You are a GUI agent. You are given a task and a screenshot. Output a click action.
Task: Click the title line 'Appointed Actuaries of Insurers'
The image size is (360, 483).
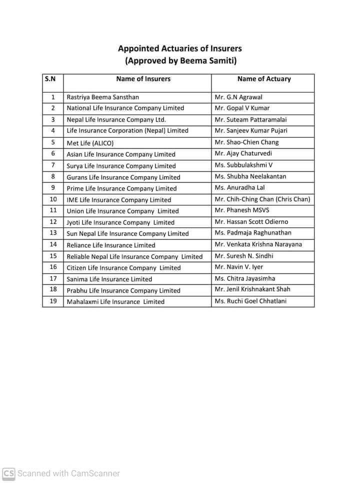tap(180, 48)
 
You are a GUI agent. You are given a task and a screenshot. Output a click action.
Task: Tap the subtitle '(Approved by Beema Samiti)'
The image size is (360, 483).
tap(180, 61)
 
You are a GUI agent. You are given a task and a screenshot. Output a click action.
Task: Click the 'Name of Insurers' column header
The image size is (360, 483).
tap(143, 78)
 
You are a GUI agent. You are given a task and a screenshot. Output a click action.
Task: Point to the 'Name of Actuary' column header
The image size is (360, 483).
tap(263, 78)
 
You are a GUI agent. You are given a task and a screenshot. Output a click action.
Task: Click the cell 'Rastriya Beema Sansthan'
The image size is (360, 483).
tap(103, 97)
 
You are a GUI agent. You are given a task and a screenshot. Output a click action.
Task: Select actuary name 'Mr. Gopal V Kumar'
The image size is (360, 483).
tap(241, 108)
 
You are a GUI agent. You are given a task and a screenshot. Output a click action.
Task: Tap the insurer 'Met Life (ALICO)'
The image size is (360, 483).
tap(90, 143)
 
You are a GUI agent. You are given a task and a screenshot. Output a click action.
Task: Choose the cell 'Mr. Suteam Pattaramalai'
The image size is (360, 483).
tap(250, 119)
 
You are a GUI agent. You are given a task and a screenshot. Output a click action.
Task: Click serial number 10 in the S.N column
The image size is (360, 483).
tap(53, 199)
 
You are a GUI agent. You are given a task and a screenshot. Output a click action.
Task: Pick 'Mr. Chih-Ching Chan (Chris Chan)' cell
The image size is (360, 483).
tap(262, 199)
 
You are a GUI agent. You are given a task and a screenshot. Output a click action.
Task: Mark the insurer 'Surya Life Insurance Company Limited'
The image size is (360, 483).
tap(121, 165)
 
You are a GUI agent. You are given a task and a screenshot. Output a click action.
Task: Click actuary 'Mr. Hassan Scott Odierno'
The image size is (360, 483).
tap(251, 221)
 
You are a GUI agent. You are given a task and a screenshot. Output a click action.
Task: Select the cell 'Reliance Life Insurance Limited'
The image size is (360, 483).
tap(111, 245)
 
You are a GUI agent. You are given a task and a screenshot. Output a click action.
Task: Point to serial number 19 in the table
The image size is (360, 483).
tap(53, 301)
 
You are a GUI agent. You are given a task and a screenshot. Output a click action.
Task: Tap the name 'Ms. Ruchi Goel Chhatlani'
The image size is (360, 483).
tap(250, 301)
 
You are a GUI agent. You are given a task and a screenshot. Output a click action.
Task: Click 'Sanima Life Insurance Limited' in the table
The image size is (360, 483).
tap(109, 279)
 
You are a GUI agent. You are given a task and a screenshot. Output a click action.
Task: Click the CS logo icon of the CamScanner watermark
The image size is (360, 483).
tap(8, 473)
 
